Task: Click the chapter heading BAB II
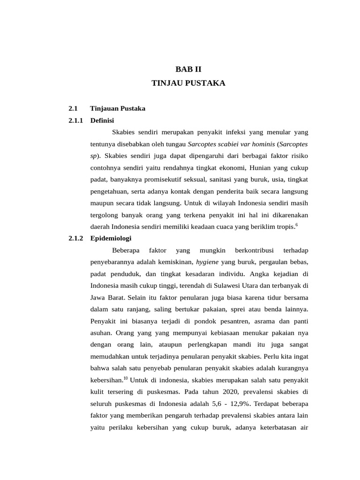coord(188,69)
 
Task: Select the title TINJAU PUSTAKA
coord(188,83)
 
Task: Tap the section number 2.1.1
coord(75,120)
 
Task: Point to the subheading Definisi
coord(102,120)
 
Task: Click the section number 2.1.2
coord(75,238)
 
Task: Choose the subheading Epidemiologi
coord(111,238)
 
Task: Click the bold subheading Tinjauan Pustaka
coord(118,108)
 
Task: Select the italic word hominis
coord(264,144)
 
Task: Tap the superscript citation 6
coord(296,225)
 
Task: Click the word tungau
coord(175,144)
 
